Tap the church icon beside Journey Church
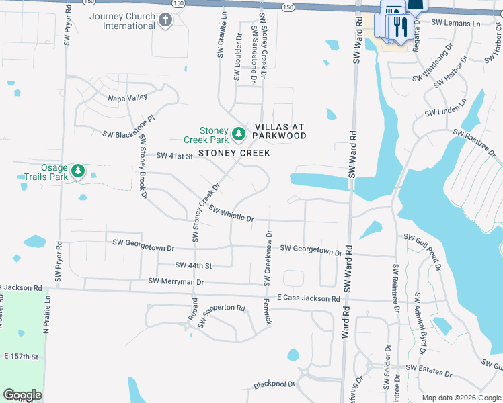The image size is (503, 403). pyautogui.click(x=166, y=21)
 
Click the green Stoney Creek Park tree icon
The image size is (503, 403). pyautogui.click(x=238, y=135)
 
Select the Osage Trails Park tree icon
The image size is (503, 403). pyautogui.click(x=79, y=171)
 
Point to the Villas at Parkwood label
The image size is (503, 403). pyautogui.click(x=280, y=131)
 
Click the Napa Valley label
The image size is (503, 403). pyautogui.click(x=128, y=97)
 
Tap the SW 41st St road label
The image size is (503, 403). pyautogui.click(x=175, y=156)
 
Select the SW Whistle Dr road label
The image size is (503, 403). pyautogui.click(x=231, y=214)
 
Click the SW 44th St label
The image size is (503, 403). pyautogui.click(x=194, y=266)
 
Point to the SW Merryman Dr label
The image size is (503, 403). pyautogui.click(x=176, y=281)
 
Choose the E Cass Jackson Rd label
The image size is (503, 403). pyautogui.click(x=302, y=298)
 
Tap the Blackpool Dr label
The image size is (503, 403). pyautogui.click(x=274, y=386)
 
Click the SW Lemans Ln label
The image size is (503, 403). pyautogui.click(x=455, y=23)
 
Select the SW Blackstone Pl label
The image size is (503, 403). pyautogui.click(x=128, y=134)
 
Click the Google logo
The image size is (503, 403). pyautogui.click(x=22, y=395)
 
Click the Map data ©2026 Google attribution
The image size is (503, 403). pyautogui.click(x=461, y=398)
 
